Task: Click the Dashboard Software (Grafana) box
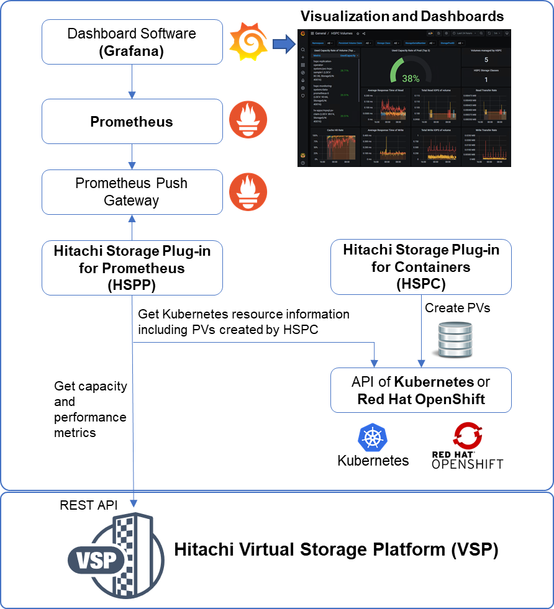pyautogui.click(x=132, y=42)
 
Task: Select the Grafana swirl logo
pyautogui.click(x=248, y=42)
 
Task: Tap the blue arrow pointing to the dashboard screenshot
pyautogui.click(x=283, y=43)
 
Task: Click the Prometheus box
pyautogui.click(x=132, y=122)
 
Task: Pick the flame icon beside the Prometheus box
pyautogui.click(x=248, y=120)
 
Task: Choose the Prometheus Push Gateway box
pyautogui.click(x=132, y=192)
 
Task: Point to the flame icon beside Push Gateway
pyautogui.click(x=248, y=192)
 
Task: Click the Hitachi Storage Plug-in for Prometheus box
pyautogui.click(x=132, y=268)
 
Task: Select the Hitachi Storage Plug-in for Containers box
pyautogui.click(x=420, y=267)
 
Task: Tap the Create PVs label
pyautogui.click(x=457, y=308)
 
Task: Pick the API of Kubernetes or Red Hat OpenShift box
pyautogui.click(x=420, y=390)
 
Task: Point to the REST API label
pyautogui.click(x=88, y=505)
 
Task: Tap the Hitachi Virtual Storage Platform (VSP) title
pyautogui.click(x=335, y=549)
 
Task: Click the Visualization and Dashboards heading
pyautogui.click(x=402, y=16)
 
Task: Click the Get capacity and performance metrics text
pyautogui.click(x=90, y=409)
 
